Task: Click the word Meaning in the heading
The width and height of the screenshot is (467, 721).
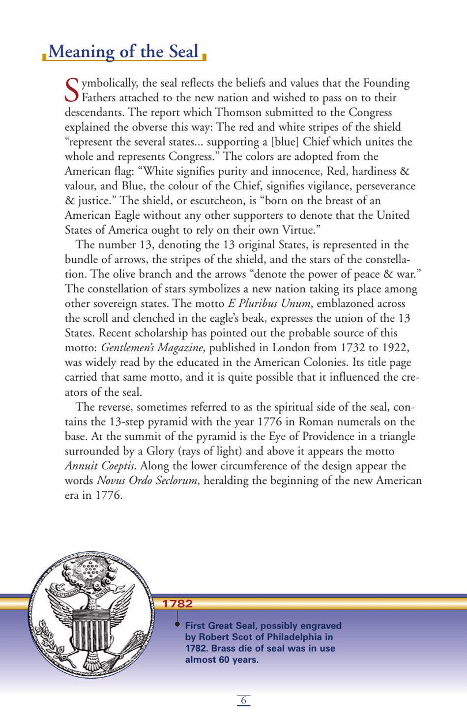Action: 81,52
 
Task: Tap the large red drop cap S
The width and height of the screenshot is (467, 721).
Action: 72,90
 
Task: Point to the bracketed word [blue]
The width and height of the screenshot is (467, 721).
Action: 285,142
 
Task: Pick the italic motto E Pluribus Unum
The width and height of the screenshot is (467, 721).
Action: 268,303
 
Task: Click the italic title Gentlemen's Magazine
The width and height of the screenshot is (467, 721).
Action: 152,348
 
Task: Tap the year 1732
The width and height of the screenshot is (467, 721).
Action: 352,348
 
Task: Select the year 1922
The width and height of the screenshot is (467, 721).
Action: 395,348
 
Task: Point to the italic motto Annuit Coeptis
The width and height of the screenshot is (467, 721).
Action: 100,466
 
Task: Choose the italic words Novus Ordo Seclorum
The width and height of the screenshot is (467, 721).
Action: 147,481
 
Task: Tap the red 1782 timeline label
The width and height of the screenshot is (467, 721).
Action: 177,603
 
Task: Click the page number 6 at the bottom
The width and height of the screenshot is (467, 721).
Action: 243,700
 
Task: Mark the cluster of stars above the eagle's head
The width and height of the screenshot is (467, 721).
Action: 90,571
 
